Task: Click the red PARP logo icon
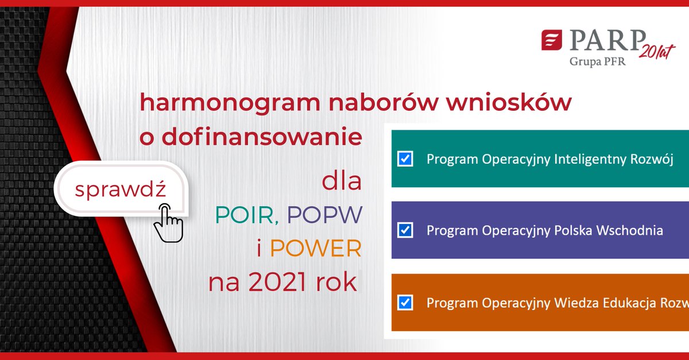tap(552, 40)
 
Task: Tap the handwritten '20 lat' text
tap(656, 51)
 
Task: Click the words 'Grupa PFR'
tap(597, 61)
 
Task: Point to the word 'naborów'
tap(384, 102)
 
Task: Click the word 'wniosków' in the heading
tap(509, 102)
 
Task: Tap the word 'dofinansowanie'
tap(262, 136)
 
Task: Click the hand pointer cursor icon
tap(169, 223)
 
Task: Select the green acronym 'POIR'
tap(245, 215)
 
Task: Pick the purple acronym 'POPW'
tap(325, 215)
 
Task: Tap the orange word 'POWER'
tap(316, 248)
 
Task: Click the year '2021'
tap(277, 282)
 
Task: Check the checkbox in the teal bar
tap(405, 159)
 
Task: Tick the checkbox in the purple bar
tap(405, 230)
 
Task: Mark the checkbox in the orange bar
tap(405, 303)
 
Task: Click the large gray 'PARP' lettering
tap(607, 40)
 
